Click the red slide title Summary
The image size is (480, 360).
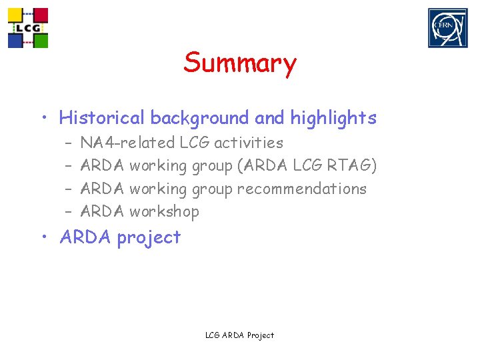point(240,63)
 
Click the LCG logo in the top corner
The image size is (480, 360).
point(28,28)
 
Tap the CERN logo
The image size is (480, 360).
point(447,28)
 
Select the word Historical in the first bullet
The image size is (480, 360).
point(101,118)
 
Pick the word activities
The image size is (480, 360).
point(248,143)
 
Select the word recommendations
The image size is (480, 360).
point(301,189)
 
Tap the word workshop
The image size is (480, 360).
point(164,211)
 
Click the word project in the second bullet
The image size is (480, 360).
point(149,237)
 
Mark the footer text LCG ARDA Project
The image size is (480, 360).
point(239,335)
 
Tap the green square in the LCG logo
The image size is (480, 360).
point(41,41)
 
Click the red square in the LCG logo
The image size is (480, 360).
point(41,15)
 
